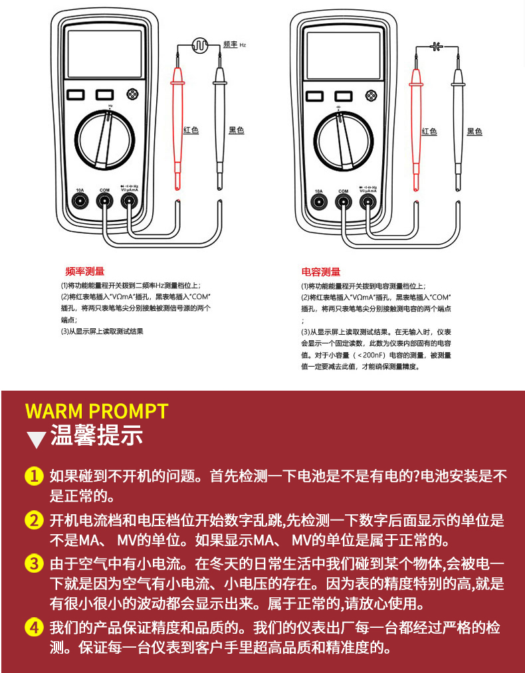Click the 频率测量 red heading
point(84,271)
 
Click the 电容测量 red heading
point(321,271)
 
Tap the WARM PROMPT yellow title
point(96,411)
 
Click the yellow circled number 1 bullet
point(34,476)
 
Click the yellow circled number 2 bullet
point(34,520)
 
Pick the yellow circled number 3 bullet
point(34,564)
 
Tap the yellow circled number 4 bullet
point(34,626)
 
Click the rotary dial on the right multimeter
point(343,138)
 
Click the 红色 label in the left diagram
point(191,130)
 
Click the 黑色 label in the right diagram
point(474,132)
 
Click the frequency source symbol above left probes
point(199,45)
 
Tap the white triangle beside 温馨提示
point(36,439)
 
